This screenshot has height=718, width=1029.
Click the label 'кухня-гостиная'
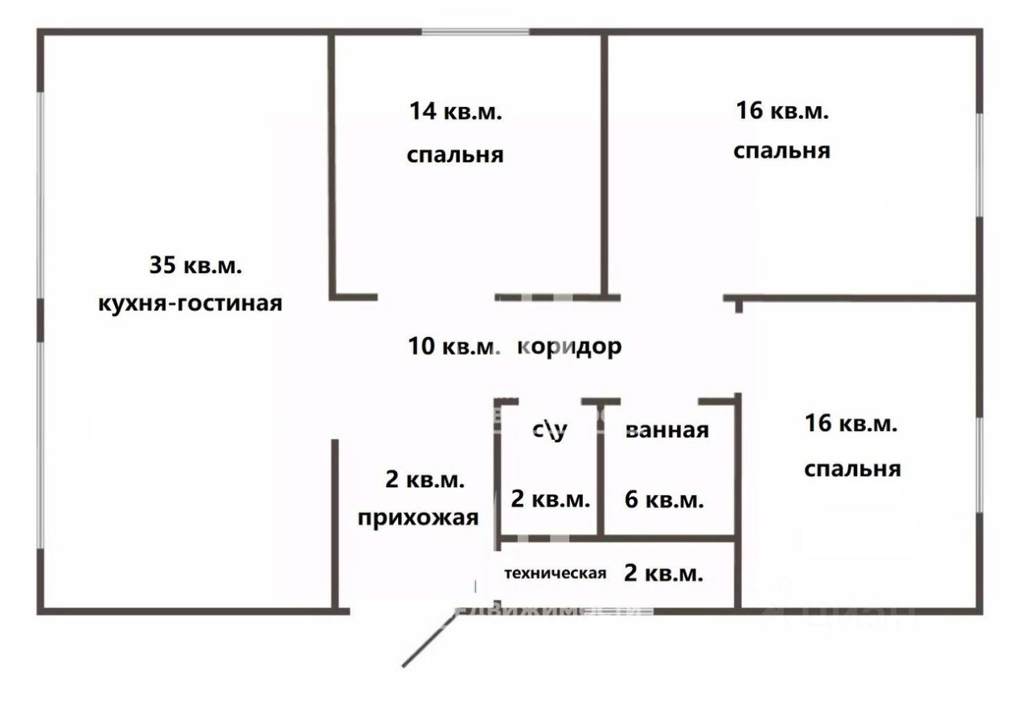(x=190, y=304)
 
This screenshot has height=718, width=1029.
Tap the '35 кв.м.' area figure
(x=195, y=265)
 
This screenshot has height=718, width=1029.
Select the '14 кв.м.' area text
(x=455, y=112)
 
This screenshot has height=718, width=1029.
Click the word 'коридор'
(x=569, y=347)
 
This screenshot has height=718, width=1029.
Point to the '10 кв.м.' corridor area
(x=454, y=347)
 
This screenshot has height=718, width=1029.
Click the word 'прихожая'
(x=419, y=517)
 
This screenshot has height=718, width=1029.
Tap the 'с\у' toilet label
(x=550, y=430)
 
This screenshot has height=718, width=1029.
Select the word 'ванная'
(x=666, y=430)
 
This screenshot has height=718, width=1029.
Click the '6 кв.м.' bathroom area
(x=664, y=499)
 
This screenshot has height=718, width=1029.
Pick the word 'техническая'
(x=555, y=573)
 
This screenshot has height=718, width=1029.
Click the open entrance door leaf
(x=431, y=637)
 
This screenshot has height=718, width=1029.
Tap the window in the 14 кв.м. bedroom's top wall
(x=476, y=32)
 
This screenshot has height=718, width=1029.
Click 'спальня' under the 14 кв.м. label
(x=455, y=154)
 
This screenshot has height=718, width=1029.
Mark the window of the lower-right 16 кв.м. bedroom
(x=978, y=465)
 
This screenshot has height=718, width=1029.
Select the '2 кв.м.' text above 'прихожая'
(x=424, y=480)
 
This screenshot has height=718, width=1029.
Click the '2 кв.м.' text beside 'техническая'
(x=663, y=573)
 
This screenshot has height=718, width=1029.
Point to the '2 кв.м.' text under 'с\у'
(x=551, y=499)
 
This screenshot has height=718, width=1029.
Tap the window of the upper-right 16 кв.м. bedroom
(x=979, y=164)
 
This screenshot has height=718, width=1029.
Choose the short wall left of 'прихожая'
(x=335, y=523)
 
